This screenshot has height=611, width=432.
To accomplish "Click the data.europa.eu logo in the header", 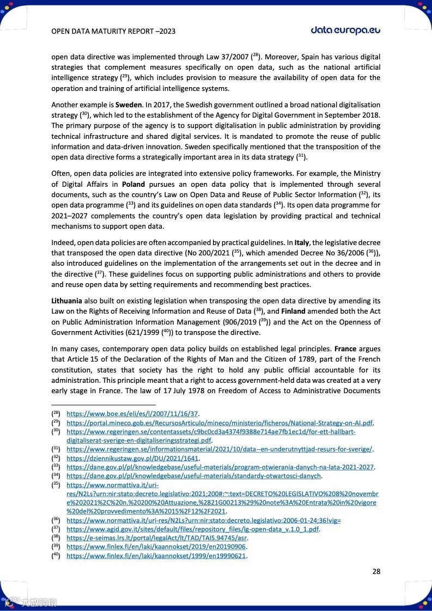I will click(345, 30).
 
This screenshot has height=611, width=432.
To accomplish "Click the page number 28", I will click(376, 571).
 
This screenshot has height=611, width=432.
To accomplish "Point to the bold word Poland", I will click(133, 184).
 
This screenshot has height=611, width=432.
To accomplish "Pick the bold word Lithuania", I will click(67, 301).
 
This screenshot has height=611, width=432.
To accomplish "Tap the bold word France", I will click(345, 349).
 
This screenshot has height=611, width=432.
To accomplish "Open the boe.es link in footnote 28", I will click(132, 413).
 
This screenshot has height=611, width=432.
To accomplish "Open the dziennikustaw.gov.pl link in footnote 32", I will click(133, 458).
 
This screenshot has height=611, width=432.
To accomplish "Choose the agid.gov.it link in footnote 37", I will click(193, 529).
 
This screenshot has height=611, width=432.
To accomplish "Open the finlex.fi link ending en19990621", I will click(156, 556).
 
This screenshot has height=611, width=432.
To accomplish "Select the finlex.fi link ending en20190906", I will click(156, 547).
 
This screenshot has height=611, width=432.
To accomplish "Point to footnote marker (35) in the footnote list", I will click(56, 484).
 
